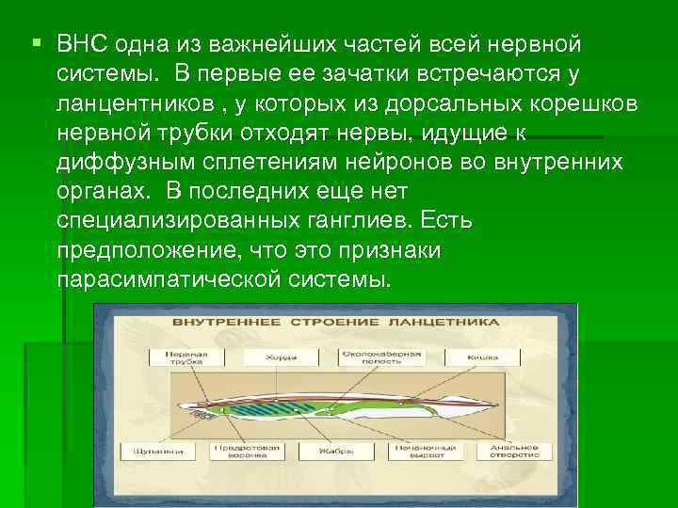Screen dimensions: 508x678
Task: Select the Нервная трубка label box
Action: coord(182,357)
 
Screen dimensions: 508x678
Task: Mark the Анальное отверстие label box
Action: coord(513,451)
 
